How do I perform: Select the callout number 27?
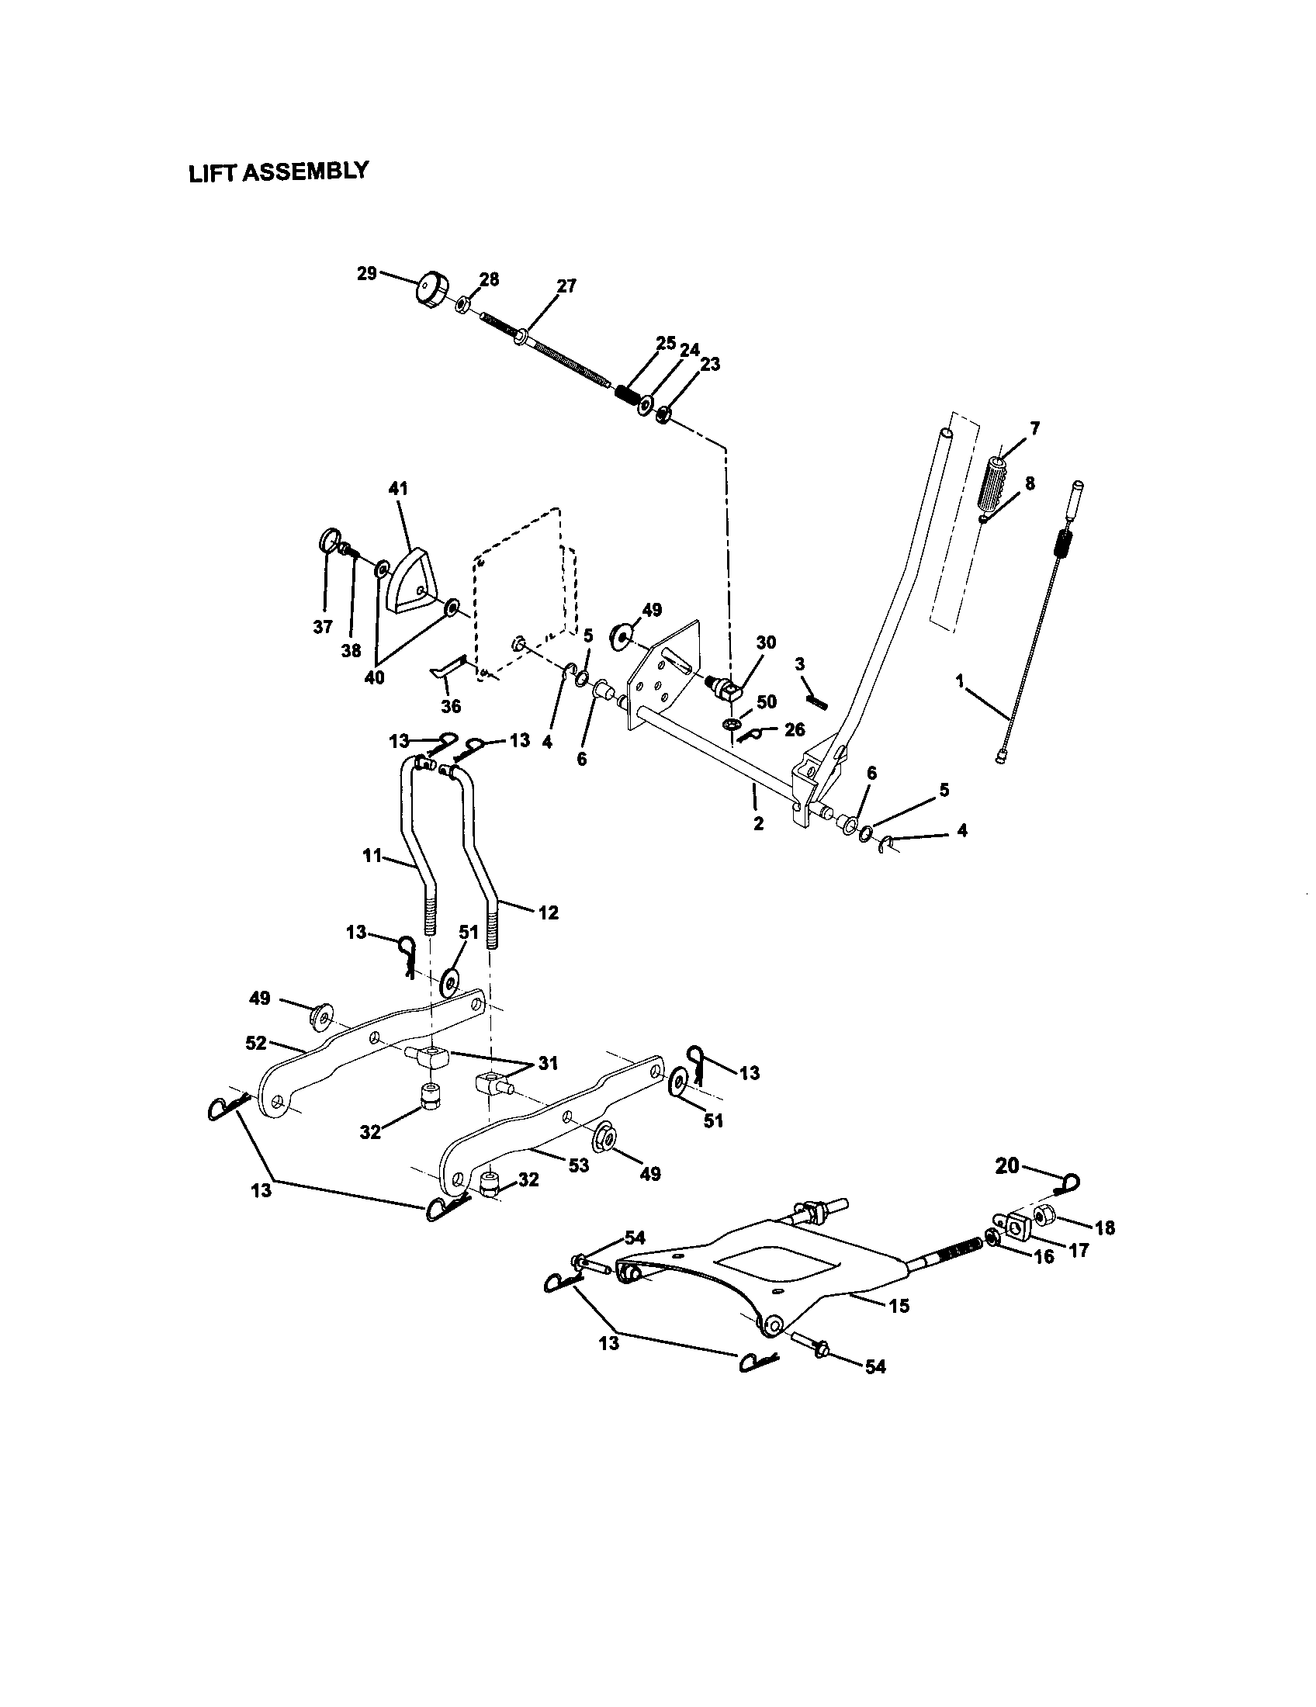[x=566, y=286]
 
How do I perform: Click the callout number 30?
[x=766, y=642]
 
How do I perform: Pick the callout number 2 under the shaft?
[x=757, y=822]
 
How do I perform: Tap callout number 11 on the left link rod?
[x=372, y=856]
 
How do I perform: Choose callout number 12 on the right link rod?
[x=548, y=912]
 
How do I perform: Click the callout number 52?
[x=255, y=1042]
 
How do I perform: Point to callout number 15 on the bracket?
[x=899, y=1305]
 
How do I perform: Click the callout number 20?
[x=1007, y=1188]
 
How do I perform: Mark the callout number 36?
[x=451, y=707]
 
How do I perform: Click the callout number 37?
[x=323, y=626]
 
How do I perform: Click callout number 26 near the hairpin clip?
[x=794, y=731]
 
